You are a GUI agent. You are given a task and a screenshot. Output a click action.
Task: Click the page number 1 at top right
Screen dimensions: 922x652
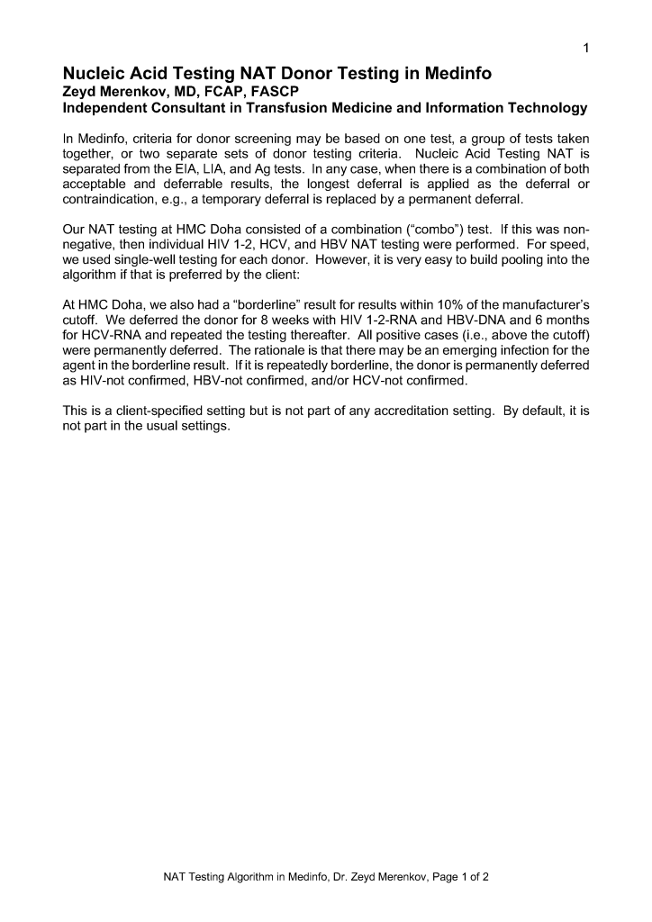pos(585,48)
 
